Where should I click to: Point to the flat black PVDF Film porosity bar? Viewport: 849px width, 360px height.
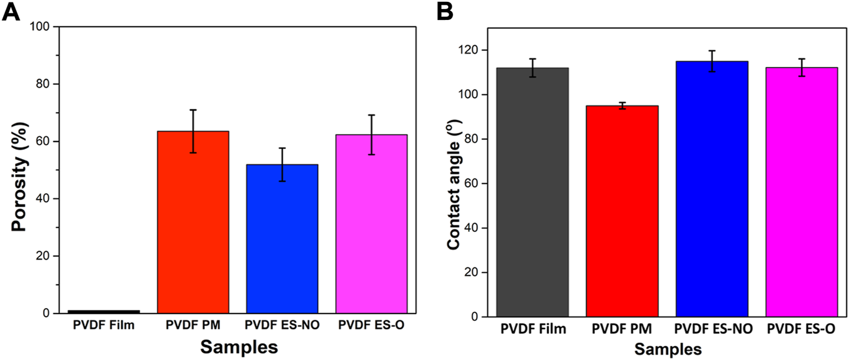coord(104,312)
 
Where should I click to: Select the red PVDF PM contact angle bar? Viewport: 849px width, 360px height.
coord(622,211)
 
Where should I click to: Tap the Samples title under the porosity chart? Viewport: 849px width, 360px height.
coord(239,347)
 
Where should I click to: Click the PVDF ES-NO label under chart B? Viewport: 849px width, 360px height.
coord(712,330)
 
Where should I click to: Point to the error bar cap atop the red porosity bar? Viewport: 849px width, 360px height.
coord(193,110)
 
